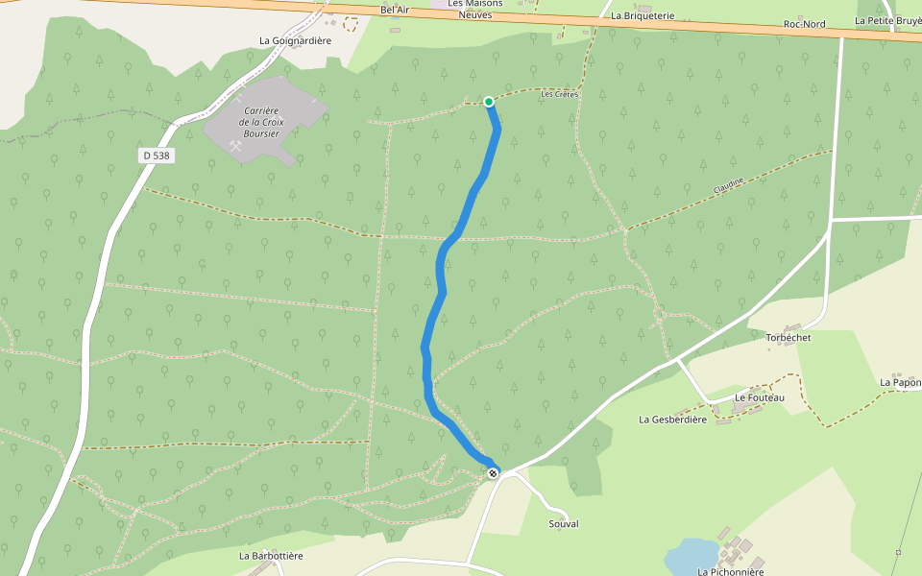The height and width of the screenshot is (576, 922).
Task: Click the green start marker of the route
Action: (x=489, y=102)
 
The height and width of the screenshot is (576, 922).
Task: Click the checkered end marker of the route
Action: (x=493, y=473)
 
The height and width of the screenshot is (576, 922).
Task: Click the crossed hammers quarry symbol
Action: (x=236, y=147)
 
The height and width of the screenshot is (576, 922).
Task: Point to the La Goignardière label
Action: (x=295, y=40)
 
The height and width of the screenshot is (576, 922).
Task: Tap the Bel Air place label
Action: (x=395, y=10)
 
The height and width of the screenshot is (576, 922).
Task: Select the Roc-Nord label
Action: (x=804, y=24)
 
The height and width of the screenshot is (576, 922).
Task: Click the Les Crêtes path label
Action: (x=558, y=94)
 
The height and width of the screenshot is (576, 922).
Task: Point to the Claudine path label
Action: (x=728, y=185)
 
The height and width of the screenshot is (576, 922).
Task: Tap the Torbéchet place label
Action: (x=789, y=338)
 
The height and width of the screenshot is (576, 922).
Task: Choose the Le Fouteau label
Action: (x=760, y=397)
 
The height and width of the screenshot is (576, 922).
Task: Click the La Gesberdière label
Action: (x=672, y=420)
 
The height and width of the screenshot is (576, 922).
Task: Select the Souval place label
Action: (x=564, y=524)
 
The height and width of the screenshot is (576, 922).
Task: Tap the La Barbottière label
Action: (x=271, y=556)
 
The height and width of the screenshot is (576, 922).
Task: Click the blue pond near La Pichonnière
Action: (x=691, y=554)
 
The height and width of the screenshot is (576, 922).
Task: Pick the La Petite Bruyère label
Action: (x=887, y=20)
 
